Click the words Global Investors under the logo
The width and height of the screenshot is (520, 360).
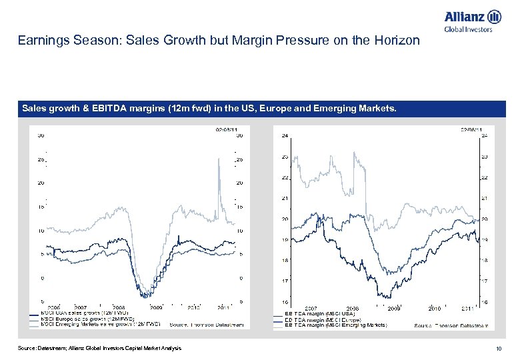pyautogui.click(x=468, y=29)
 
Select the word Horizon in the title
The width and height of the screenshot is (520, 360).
pyautogui.click(x=398, y=41)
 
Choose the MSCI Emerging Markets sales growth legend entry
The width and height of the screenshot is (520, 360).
pyautogui.click(x=100, y=325)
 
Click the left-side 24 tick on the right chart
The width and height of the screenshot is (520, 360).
pyautogui.click(x=285, y=136)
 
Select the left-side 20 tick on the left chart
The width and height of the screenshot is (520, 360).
pyautogui.click(x=41, y=182)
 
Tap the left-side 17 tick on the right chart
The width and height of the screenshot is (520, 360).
pyautogui.click(x=285, y=281)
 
